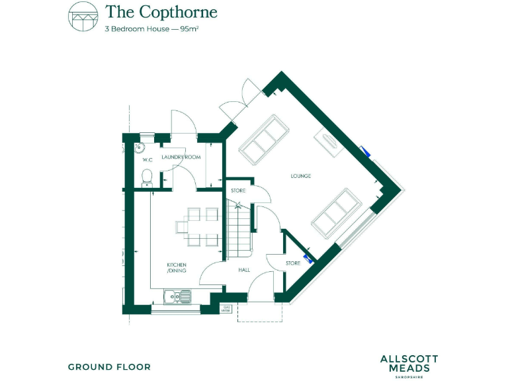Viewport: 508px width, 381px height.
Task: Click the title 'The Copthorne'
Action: tap(161, 12)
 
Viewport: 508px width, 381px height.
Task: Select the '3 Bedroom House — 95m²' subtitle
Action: tap(152, 30)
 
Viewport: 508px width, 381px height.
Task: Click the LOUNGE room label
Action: tap(301, 176)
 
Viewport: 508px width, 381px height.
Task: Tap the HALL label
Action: tap(244, 270)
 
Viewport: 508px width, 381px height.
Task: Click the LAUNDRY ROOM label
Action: tap(181, 157)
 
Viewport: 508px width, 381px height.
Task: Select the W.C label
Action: tap(148, 159)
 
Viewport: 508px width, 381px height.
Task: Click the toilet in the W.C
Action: tap(148, 176)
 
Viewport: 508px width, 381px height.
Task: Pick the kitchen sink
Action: tap(179, 296)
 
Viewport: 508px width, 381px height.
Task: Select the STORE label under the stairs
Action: tap(238, 190)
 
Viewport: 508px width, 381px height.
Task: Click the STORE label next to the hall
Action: tap(293, 263)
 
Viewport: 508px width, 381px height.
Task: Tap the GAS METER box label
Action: tap(227, 308)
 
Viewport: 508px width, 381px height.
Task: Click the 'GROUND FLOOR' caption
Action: tap(109, 366)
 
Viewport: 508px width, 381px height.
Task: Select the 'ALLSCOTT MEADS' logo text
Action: tap(409, 363)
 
